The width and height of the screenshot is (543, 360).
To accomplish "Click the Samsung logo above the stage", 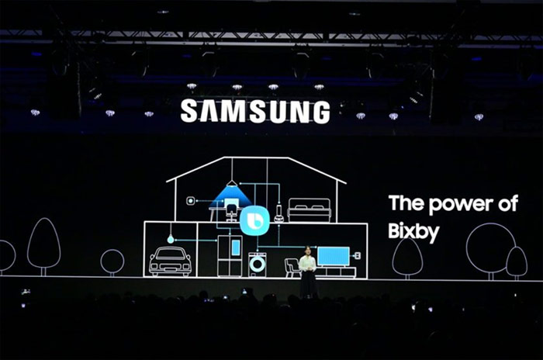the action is tap(255, 112).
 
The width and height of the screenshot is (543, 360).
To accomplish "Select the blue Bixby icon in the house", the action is tap(254, 220).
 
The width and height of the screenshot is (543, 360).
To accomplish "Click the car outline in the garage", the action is tap(170, 261).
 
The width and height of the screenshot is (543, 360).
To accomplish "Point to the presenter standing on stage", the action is tap(307, 272).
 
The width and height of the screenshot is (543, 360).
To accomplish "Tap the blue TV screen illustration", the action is tap(334, 256).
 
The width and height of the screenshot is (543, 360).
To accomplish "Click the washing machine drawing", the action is tap(258, 265).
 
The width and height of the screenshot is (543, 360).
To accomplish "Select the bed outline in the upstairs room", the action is tap(310, 209).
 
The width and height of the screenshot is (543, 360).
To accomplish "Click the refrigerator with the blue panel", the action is tap(230, 256).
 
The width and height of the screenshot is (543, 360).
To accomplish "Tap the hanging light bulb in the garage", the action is tap(170, 239).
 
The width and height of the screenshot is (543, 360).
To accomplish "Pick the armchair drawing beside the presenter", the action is tap(292, 268).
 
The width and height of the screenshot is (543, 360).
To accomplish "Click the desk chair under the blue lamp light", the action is tap(231, 213).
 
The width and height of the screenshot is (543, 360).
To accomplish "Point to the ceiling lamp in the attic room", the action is tap(232, 183).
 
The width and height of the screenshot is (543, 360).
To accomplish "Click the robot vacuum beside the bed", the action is tap(278, 214).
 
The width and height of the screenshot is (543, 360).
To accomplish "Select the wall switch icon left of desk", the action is tap(191, 201).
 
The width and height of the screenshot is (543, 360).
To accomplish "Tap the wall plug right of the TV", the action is tap(357, 256).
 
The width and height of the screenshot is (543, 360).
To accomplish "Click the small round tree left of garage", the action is tap(112, 262).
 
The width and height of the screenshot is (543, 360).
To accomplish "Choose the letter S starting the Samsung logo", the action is tap(188, 111).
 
